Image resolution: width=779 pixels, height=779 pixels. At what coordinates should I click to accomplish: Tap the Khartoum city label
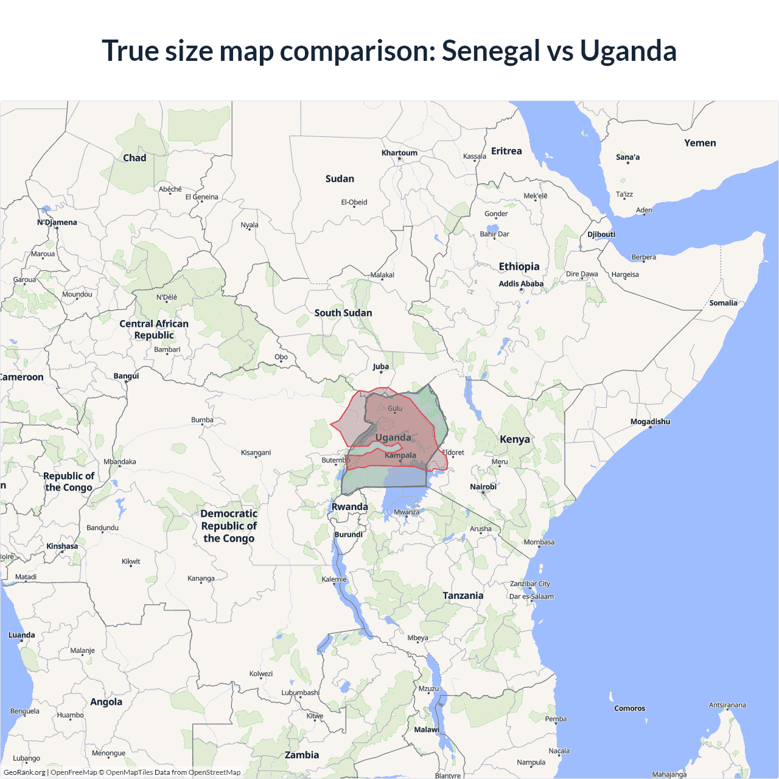pos(399,153)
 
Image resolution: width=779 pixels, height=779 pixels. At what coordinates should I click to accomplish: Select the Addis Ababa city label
pos(521,284)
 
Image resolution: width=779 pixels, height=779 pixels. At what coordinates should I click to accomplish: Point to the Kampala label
pos(400,455)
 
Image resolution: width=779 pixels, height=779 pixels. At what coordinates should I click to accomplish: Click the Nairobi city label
pos(483,487)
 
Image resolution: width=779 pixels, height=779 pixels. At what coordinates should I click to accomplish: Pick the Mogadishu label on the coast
pos(650,422)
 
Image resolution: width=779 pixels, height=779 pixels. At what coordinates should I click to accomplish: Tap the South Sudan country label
pos(343,313)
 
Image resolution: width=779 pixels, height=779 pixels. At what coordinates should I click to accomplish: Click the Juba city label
pos(381,366)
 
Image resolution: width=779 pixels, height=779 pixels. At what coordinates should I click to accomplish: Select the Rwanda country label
pos(349,507)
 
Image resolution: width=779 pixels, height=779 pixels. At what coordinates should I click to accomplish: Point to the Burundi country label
pos(349,534)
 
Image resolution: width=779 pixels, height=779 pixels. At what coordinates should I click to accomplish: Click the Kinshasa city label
pos(62,546)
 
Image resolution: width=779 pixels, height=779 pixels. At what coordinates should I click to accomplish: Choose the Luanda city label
pos(22,635)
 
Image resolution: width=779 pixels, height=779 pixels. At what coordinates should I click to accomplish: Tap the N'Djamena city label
pos(57,222)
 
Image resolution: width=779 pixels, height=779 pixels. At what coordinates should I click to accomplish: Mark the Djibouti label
pos(601,234)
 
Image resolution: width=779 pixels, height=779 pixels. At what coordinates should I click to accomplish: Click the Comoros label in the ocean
pos(629,708)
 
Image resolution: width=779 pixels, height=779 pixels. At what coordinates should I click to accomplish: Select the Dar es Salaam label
pos(531,596)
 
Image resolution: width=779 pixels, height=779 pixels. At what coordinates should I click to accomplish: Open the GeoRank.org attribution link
pos(24,772)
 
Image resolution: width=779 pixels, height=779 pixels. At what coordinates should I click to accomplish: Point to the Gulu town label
pos(395,408)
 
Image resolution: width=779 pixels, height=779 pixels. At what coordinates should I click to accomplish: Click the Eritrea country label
pos(506,151)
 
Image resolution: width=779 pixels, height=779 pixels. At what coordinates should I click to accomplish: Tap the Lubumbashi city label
pos(300,693)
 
